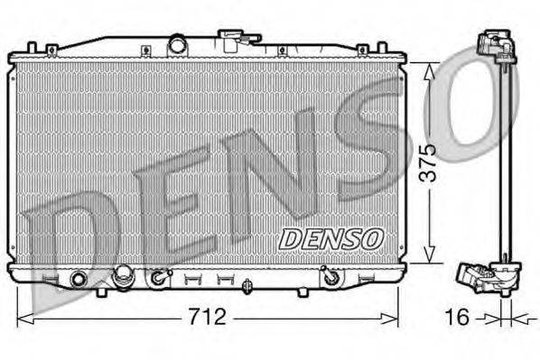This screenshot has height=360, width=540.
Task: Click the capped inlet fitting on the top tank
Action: click(x=233, y=40)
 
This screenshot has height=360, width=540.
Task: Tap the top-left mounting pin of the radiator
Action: click(x=33, y=46)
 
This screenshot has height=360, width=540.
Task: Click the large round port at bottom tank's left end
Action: click(x=79, y=278)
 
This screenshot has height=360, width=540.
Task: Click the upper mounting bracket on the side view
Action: click(x=494, y=45)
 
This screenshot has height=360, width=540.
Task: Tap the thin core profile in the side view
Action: click(x=507, y=162)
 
